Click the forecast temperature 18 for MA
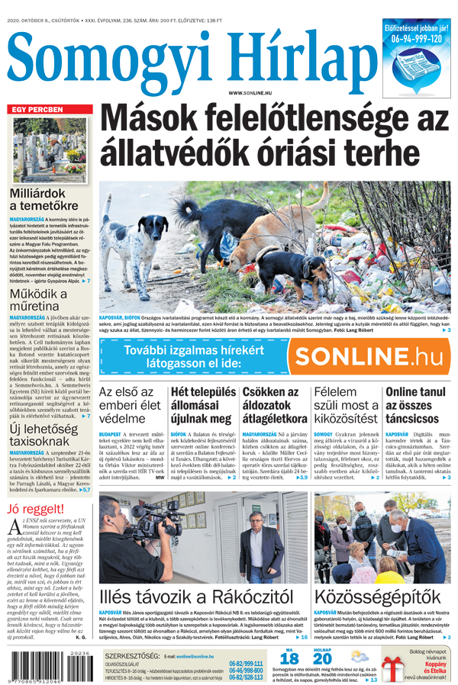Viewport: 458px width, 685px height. pos(289,659)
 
